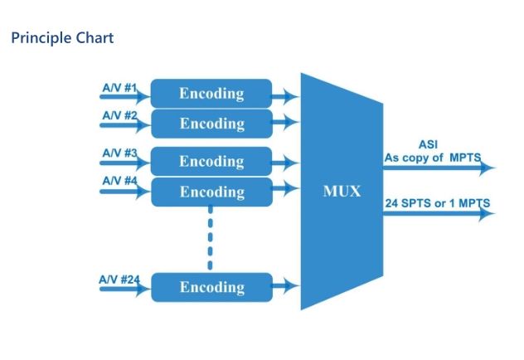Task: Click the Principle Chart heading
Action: tap(62, 38)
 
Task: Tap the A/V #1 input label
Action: tap(119, 86)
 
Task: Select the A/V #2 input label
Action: tap(119, 115)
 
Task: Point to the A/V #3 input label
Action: tap(119, 153)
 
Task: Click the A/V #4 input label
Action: tap(119, 180)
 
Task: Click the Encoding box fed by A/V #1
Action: tap(211, 93)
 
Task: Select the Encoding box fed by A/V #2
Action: tap(211, 124)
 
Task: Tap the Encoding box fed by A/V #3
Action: tap(211, 161)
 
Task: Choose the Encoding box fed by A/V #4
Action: tap(211, 192)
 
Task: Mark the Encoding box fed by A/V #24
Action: tap(211, 287)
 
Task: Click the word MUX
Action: tap(342, 192)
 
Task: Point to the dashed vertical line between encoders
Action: tap(211, 238)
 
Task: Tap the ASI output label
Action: tap(428, 144)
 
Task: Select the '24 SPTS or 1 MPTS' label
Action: tap(437, 202)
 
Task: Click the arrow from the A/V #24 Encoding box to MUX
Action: tap(286, 287)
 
